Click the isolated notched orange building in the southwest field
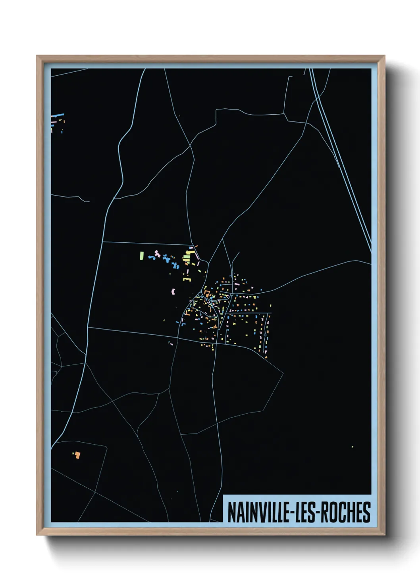click(78, 455)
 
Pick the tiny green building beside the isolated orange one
click(73, 453)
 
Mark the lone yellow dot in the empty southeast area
click(352, 447)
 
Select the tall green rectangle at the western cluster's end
click(141, 256)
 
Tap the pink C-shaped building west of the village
click(173, 292)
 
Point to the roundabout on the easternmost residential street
click(265, 335)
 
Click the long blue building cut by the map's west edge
click(58, 115)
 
